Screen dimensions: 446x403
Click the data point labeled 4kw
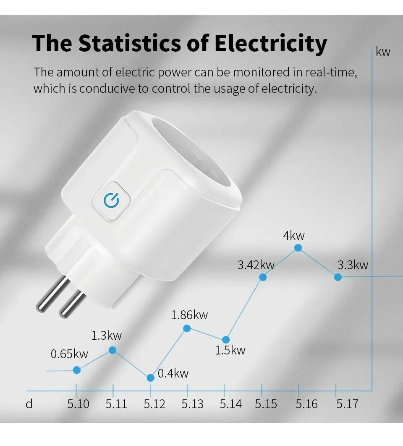pos(298,248)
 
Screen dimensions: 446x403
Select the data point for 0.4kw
pos(151,378)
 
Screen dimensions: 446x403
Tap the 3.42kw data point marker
pos(263,277)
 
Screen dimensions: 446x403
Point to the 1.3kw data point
pos(113,350)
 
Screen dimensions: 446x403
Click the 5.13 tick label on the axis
pos(192,404)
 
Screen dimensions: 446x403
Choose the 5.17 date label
pos(347,404)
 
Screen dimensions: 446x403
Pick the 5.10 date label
pos(78,404)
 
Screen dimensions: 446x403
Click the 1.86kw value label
pos(189,315)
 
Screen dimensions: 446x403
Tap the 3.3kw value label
pos(353,265)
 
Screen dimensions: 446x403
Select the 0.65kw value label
pos(69,354)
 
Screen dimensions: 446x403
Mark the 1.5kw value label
pos(230,350)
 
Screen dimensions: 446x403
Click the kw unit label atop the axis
pos(383,52)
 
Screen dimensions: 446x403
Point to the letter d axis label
pos(29,404)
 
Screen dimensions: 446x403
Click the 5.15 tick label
pos(266,404)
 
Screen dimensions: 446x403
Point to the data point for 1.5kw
pos(226,339)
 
